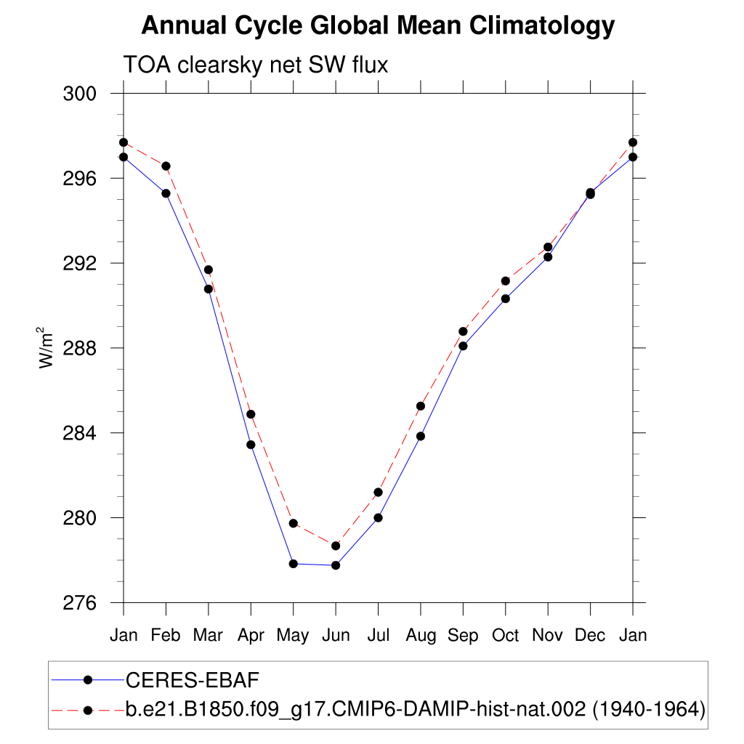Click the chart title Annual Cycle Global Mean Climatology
point(378,27)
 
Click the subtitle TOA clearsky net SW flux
point(256,65)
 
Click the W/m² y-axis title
point(47,348)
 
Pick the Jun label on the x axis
point(336,636)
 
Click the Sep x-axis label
point(463,636)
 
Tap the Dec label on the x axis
point(590,636)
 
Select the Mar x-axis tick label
point(209,636)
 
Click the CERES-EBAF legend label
point(193,680)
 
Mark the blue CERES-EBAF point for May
point(294,564)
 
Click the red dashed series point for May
point(294,523)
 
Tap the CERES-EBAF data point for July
point(378,518)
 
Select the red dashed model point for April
point(251,414)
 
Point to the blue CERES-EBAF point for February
point(166,193)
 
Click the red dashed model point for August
point(421,406)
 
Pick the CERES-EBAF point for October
point(506,299)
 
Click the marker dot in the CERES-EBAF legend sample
point(88,680)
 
